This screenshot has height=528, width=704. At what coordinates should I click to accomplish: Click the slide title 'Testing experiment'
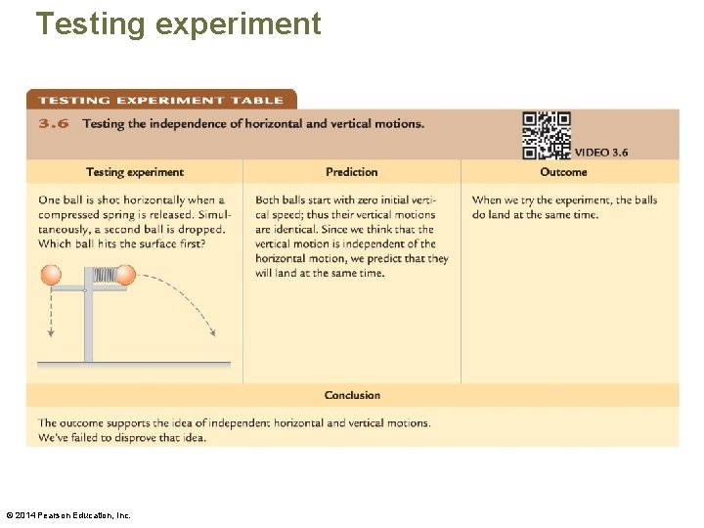178,22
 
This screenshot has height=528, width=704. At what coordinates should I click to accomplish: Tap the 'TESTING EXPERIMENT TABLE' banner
160,100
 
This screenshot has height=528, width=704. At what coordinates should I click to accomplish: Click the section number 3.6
53,124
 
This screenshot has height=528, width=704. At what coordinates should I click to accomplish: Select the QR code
547,135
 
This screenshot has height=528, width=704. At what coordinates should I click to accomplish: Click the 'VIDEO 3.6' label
600,153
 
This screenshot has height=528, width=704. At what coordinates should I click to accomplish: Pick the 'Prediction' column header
351,172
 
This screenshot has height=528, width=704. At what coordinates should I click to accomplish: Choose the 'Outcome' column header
563,172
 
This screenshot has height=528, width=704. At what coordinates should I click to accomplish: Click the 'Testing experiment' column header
134,172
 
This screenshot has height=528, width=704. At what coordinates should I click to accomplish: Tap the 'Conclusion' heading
352,395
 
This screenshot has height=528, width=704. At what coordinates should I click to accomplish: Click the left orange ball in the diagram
51,276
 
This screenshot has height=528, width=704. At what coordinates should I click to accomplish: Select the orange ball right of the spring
125,276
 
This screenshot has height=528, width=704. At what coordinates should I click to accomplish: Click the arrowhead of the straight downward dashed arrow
51,334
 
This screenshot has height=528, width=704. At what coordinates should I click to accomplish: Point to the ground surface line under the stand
134,364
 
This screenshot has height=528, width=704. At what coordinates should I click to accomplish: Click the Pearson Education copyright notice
67,514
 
